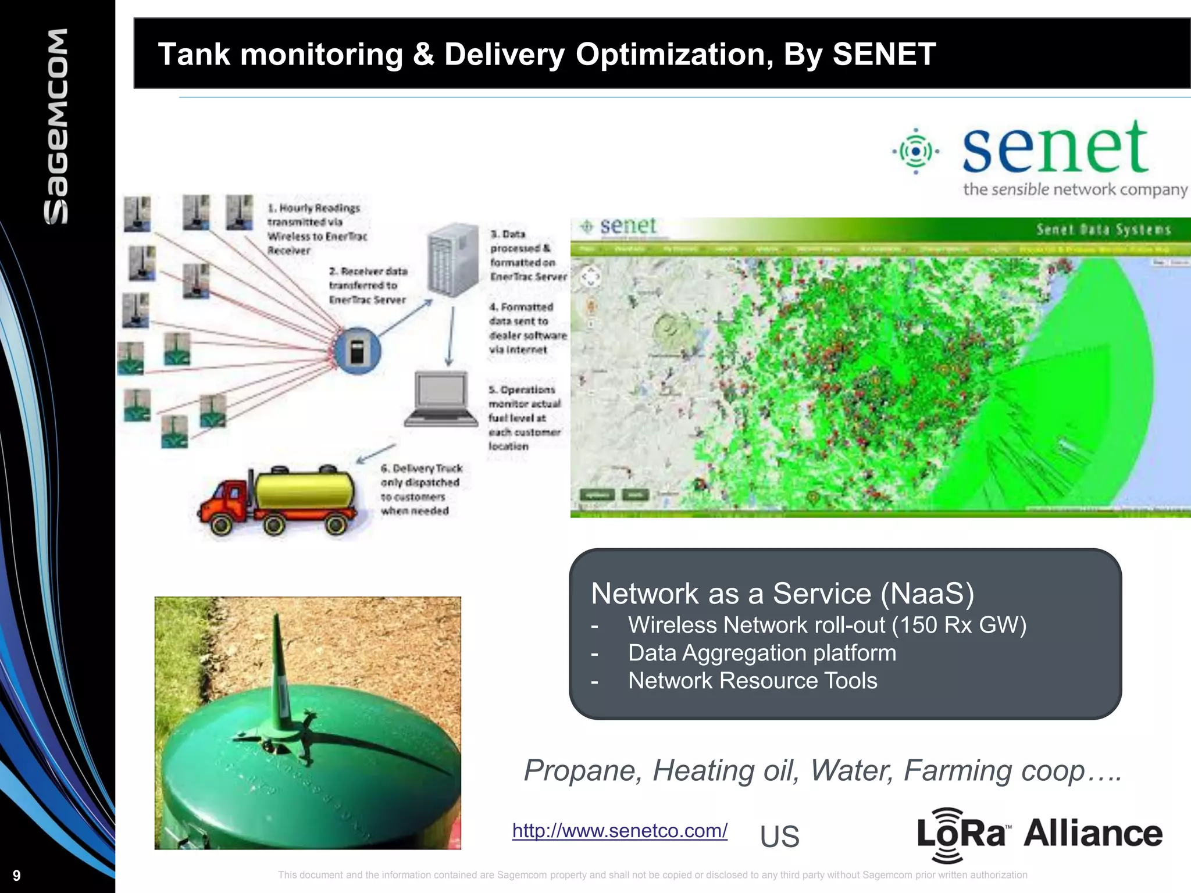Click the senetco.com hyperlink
[x=619, y=830]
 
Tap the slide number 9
[x=16, y=876]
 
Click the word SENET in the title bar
[x=884, y=54]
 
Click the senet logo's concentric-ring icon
[x=916, y=151]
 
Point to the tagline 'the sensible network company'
[x=1075, y=190]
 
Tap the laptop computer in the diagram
[x=441, y=398]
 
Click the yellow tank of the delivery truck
[x=305, y=490]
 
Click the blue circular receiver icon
[x=357, y=351]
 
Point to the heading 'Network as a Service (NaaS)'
[x=782, y=594]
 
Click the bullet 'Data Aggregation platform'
[x=762, y=653]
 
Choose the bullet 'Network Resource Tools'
[x=753, y=681]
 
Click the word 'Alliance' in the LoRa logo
[x=1093, y=833]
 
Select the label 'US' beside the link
[x=779, y=837]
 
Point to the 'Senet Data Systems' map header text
[x=1103, y=230]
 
